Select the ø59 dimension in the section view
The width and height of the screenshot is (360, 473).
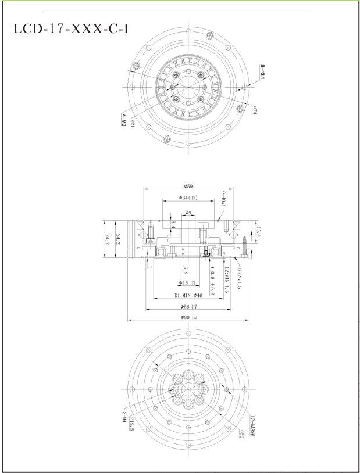point(188,187)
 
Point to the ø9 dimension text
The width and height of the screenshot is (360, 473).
point(188,213)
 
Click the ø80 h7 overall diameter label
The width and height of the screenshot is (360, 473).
point(188,317)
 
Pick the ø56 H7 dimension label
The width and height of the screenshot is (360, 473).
point(188,306)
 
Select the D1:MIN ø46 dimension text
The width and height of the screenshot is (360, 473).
point(188,295)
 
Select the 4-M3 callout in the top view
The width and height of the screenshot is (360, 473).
point(124,120)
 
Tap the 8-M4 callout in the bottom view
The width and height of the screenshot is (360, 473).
point(124,417)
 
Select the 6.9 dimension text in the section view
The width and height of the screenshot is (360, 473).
point(185,270)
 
